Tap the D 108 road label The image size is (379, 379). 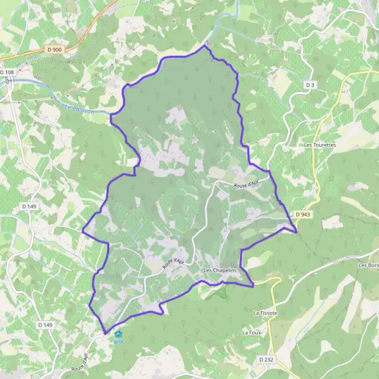pos(7,72)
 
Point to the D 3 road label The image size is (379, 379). pos(310,85)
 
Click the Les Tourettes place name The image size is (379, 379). pos(320,145)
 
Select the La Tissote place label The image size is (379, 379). pos(266,313)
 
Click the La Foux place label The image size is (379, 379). pos(252,332)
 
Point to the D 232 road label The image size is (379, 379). pos(265,359)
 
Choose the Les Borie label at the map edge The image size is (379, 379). pos(368,265)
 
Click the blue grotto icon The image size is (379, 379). pos(118,334)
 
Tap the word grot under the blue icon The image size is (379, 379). pos(118,342)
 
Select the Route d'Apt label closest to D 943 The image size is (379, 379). pos(246,184)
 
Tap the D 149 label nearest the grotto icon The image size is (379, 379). pos(44,325)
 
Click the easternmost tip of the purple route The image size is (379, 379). pos(297,232)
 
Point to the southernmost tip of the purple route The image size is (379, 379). pos(105,333)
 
